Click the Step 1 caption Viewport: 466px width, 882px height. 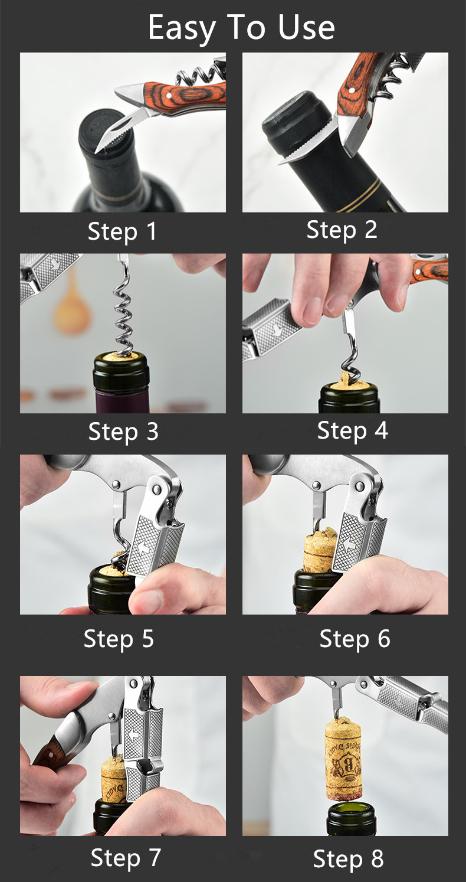point(123,231)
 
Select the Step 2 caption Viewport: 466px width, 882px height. point(342,230)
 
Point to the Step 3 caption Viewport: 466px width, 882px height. point(123,432)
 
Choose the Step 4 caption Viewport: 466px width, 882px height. point(353,430)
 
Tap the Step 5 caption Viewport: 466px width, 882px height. point(119,639)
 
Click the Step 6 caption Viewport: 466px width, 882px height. point(355,639)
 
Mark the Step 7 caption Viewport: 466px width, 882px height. point(126,858)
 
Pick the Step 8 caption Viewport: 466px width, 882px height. point(348,859)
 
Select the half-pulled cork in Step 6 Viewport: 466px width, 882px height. point(320,548)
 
